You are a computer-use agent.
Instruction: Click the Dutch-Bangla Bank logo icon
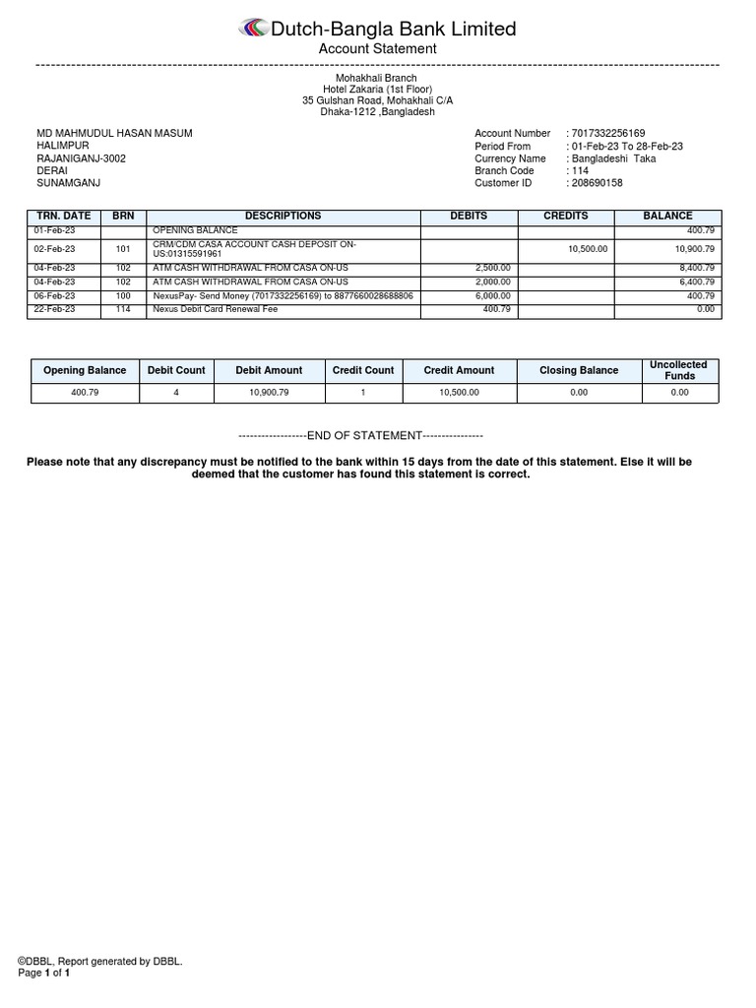[x=252, y=29]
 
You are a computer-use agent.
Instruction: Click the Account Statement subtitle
[x=378, y=49]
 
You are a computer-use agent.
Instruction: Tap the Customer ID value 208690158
[x=598, y=183]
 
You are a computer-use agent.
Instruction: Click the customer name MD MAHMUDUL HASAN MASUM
[x=114, y=134]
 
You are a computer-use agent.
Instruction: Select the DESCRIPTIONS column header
[x=283, y=216]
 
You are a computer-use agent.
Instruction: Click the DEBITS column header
[x=469, y=216]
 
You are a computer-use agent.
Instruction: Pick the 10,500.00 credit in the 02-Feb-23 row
[x=589, y=249]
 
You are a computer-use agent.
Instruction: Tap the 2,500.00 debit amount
[x=492, y=268]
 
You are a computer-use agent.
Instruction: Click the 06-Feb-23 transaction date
[x=54, y=295]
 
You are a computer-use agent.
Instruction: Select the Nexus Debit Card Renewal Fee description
[x=216, y=309]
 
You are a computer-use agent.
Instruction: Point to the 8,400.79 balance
[x=695, y=268]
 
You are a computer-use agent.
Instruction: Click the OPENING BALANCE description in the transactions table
[x=195, y=230]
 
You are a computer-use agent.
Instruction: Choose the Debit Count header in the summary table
[x=176, y=371]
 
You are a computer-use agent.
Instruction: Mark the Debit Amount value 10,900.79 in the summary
[x=269, y=393]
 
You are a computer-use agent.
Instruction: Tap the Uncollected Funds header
[x=679, y=370]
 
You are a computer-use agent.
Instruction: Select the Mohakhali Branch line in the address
[x=378, y=78]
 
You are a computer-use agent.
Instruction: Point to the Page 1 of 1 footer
[x=44, y=974]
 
